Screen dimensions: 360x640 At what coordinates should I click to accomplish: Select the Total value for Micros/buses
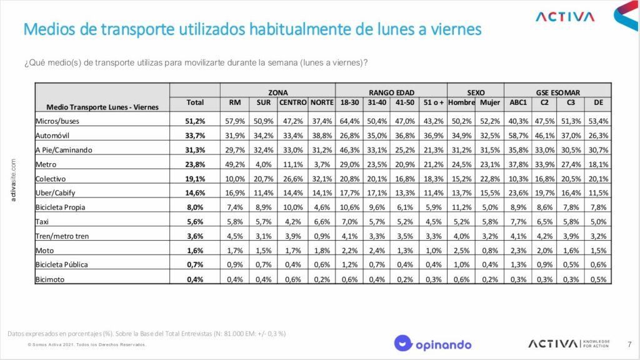coord(195,121)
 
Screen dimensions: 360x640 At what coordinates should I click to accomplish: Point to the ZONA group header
coord(277,91)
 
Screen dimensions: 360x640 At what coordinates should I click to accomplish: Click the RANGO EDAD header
coord(391,91)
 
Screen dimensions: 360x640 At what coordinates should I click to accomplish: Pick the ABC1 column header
coord(518,102)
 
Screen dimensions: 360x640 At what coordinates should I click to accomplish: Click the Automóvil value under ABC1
coord(519,135)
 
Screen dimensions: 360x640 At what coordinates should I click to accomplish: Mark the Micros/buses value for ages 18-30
coord(351,121)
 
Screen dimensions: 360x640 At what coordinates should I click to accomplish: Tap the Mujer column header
coord(489,102)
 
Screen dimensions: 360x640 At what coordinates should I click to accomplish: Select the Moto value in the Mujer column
coord(490,250)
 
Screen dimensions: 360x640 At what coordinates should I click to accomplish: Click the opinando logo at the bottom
coord(432,343)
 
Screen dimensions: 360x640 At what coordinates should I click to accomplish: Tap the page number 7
coord(629,344)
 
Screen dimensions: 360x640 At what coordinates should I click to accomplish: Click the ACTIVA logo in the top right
coord(566,16)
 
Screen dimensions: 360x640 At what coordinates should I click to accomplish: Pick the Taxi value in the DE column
coord(598,221)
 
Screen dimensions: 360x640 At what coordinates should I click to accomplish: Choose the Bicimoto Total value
coord(195,279)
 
